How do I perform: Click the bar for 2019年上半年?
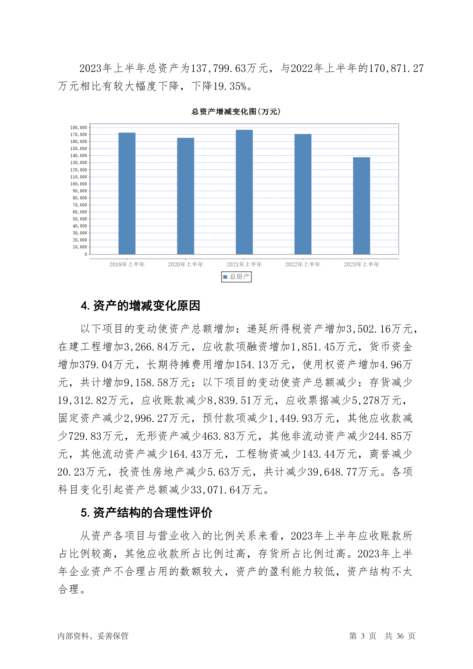(127, 193)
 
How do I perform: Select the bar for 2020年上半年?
(185, 196)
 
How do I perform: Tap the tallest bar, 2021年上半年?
(244, 192)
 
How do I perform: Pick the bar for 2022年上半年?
(303, 194)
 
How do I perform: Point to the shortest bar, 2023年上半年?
(361, 206)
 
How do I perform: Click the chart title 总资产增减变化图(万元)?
(236, 112)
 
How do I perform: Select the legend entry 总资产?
(236, 276)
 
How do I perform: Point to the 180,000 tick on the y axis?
(79, 128)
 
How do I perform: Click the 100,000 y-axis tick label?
(79, 184)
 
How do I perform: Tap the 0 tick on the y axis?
(85, 254)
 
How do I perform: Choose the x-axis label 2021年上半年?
(244, 264)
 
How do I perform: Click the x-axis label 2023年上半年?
(361, 264)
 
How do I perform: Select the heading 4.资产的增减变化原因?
(140, 306)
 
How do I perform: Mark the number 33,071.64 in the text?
(216, 490)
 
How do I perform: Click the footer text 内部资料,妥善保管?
(93, 636)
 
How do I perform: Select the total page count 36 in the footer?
(400, 636)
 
